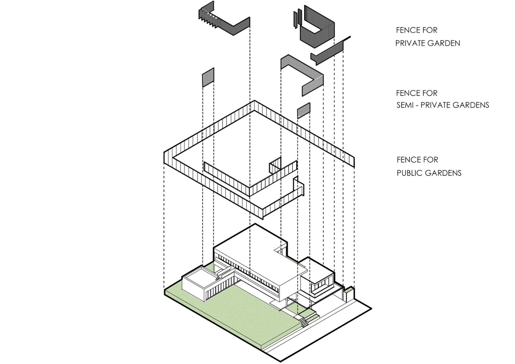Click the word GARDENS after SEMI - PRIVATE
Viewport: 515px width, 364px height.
click(x=471, y=105)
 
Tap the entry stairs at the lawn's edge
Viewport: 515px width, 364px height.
click(x=304, y=323)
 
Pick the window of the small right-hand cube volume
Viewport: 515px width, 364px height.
click(x=320, y=286)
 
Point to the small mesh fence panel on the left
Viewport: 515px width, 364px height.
click(x=208, y=78)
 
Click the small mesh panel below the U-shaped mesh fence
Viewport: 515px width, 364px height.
click(x=303, y=111)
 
